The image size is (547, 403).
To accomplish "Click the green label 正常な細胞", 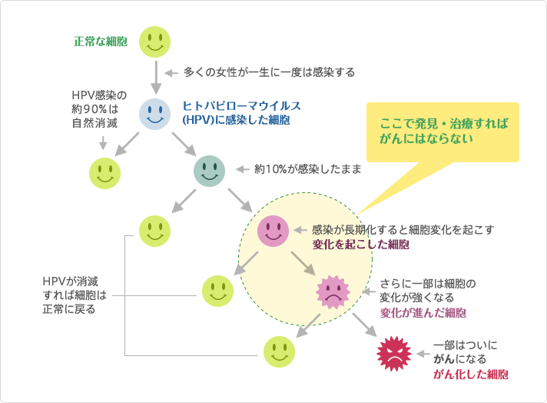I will point(101,41).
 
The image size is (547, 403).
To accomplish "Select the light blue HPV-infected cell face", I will point(154,115).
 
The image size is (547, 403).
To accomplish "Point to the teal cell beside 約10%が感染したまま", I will point(209,170).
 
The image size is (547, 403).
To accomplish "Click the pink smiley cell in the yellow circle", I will point(273,230).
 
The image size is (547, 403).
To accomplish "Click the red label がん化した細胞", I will point(471,374).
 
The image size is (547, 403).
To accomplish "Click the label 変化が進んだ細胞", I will point(423,312).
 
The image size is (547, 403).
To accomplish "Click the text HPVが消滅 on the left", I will point(71,281).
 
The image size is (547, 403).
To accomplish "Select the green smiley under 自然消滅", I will point(104,173).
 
